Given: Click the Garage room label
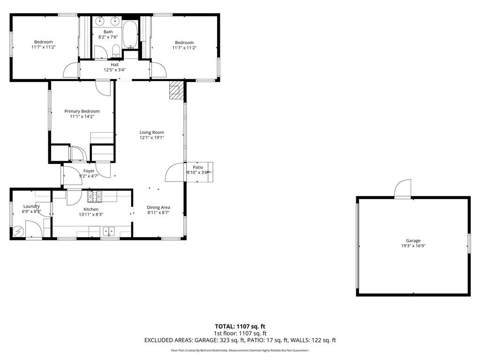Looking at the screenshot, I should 413,240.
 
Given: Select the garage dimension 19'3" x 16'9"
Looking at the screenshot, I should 413,246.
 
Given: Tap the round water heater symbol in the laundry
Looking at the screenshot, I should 18,231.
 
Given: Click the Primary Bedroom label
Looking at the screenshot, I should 82,111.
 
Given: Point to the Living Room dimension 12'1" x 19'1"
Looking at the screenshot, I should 151,137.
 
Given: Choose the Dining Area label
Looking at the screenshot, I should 158,207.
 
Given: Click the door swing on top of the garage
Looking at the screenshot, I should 403,189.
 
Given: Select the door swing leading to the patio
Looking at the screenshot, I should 176,172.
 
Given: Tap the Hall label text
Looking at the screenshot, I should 115,65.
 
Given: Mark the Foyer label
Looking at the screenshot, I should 89,171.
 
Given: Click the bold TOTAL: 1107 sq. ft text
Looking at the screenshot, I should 240,326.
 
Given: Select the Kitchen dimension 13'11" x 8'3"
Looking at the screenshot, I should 90,214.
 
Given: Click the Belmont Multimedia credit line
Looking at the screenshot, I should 240,351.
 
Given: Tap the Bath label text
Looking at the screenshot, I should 108,32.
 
